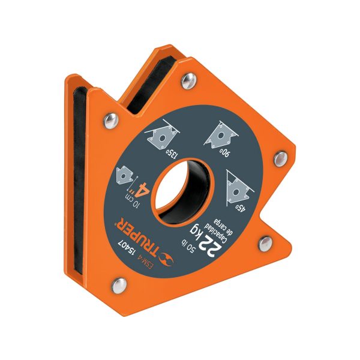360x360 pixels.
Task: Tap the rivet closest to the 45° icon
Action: coord(280,158)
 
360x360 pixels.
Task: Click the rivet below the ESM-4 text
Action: coord(119,281)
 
